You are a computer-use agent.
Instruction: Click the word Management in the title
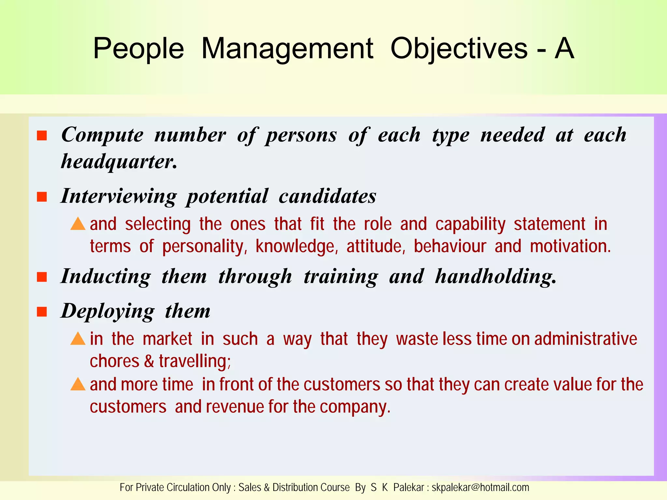coord(287,49)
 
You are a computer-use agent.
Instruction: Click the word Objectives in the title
coord(459,49)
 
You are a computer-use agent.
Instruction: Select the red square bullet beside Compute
coord(42,135)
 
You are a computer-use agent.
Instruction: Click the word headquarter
coord(119,161)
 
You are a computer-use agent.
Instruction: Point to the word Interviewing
coord(119,197)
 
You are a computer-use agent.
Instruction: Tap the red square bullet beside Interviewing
coord(42,197)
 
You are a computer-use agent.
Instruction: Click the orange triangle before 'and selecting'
coord(78,224)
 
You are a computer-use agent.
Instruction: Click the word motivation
coord(570,246)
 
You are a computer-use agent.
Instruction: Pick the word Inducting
coord(106,277)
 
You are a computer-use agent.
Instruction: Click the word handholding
coord(495,277)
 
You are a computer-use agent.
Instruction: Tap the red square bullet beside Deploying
coord(42,312)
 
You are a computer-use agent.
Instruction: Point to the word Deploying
coord(108,312)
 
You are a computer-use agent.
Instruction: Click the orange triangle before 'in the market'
coord(78,339)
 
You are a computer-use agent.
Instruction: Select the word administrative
coord(585,339)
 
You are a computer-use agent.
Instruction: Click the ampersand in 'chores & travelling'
coord(149,361)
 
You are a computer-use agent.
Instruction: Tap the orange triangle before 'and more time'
coord(78,384)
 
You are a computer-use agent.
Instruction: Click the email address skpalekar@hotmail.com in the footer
coord(480,487)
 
